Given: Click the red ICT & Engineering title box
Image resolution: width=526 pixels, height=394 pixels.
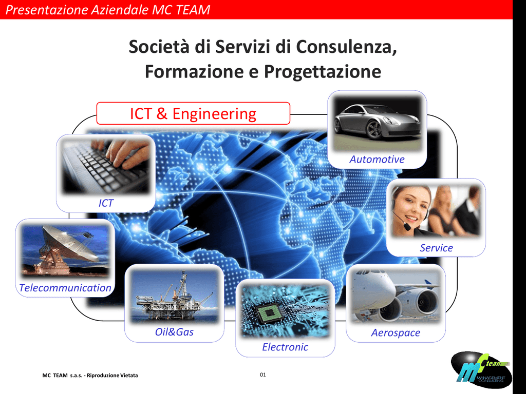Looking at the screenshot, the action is click(x=193, y=113).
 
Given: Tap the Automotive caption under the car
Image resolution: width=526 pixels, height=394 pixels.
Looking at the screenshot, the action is click(x=377, y=159).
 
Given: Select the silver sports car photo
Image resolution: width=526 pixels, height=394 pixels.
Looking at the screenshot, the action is click(x=377, y=123).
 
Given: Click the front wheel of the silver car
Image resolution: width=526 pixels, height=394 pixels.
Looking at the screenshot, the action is click(x=374, y=130).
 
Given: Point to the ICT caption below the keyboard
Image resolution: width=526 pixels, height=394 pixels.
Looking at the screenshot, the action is click(x=106, y=203).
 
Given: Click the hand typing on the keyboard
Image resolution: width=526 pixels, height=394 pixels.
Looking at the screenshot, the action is click(x=127, y=153).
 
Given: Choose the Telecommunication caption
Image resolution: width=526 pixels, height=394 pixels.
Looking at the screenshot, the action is click(x=65, y=288).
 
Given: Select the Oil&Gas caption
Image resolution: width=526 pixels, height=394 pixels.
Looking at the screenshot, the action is click(x=174, y=332).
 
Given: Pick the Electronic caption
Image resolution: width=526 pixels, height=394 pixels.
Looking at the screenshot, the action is click(x=285, y=347).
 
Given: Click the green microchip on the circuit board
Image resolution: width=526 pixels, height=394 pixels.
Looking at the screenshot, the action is click(x=269, y=313).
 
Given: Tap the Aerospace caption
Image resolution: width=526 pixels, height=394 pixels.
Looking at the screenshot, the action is click(x=396, y=332).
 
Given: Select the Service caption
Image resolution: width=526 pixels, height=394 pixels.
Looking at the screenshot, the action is click(x=436, y=248).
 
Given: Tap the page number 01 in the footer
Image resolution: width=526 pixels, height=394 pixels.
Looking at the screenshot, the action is click(x=262, y=375).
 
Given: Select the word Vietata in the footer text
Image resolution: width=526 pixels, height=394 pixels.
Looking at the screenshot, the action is click(x=129, y=375).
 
